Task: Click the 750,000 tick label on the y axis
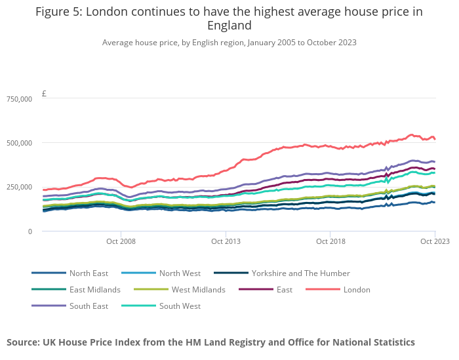click(19, 99)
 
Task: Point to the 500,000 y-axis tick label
click(19, 143)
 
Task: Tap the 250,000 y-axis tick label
click(19, 187)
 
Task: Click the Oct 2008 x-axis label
click(121, 241)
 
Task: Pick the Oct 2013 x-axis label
click(226, 241)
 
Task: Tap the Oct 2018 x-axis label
click(330, 241)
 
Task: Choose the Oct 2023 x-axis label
click(435, 241)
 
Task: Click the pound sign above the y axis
click(44, 94)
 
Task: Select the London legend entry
click(357, 290)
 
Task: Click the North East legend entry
click(89, 273)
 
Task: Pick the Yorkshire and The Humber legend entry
click(300, 273)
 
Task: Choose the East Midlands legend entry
click(94, 290)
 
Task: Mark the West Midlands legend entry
click(198, 290)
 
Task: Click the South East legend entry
click(89, 306)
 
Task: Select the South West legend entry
click(179, 306)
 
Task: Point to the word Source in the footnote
click(23, 342)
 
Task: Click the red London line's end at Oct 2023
click(435, 139)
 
